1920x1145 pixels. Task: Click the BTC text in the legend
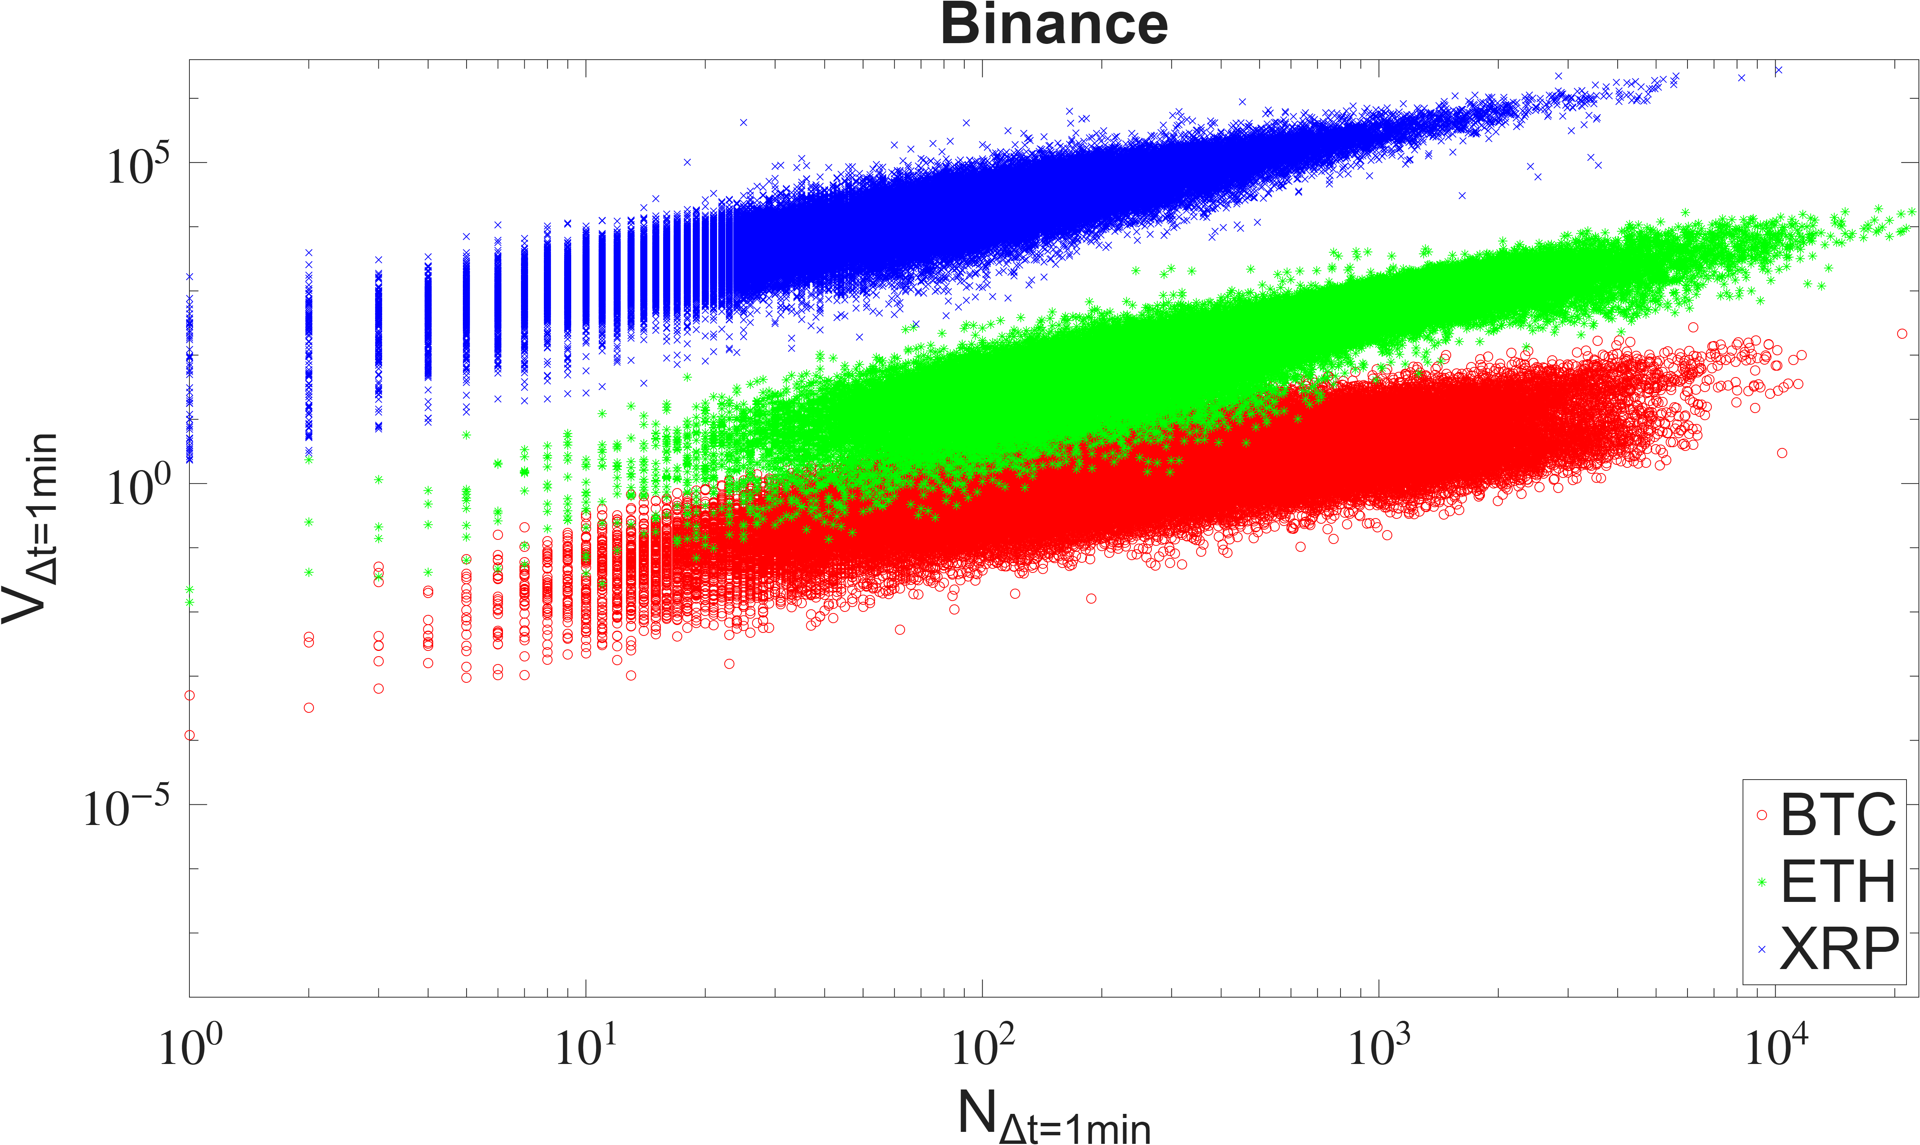(1837, 815)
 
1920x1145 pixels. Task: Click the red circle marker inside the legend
(1761, 815)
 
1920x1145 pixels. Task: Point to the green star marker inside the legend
(1761, 882)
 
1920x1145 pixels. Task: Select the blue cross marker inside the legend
(1761, 949)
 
